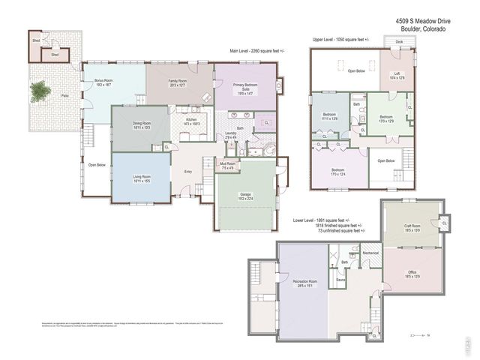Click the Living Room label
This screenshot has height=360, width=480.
[142, 178]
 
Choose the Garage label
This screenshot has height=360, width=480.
[245, 196]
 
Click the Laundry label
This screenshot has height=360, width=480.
[231, 135]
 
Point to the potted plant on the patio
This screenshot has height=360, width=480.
[38, 91]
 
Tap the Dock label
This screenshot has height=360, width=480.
[399, 41]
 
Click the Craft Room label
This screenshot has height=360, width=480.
[412, 227]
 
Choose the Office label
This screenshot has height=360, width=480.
[412, 273]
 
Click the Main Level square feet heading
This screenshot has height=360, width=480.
[262, 52]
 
